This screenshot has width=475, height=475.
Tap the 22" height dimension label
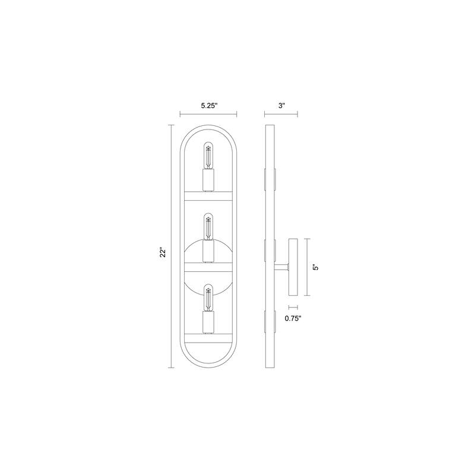(163, 253)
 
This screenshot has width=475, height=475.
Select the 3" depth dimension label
(281, 106)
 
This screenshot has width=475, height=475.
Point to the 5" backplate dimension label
(316, 267)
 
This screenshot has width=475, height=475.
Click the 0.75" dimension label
(293, 318)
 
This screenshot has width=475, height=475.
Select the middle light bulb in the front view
(208, 227)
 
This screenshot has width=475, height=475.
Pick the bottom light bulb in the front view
(208, 298)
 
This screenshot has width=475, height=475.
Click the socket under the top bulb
(208, 180)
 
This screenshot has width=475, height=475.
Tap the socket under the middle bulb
(208, 251)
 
